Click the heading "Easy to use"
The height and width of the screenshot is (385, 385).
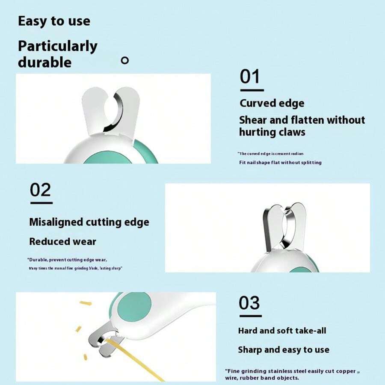click(54, 21)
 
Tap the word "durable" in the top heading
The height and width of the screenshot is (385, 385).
click(44, 62)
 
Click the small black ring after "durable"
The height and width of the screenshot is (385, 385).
click(124, 60)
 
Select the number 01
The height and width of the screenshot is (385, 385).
click(250, 77)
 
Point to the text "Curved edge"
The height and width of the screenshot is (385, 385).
click(272, 103)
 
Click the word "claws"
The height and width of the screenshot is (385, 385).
click(290, 132)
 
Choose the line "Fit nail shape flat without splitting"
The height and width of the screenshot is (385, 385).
click(280, 163)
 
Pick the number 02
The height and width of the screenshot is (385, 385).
click(41, 190)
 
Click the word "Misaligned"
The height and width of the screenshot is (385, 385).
click(56, 222)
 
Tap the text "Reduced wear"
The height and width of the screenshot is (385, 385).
click(62, 241)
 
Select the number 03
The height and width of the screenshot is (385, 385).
click(249, 303)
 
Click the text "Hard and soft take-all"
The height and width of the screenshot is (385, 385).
click(282, 331)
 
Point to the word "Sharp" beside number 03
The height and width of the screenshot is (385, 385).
click(250, 350)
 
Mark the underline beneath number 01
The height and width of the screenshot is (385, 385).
click(252, 90)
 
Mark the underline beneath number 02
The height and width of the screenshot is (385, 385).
click(41, 203)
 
